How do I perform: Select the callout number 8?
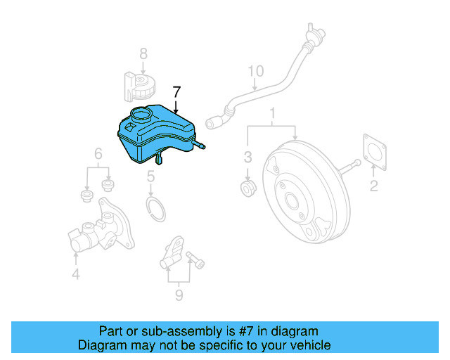pyautogui.click(x=143, y=53)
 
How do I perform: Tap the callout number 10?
pyautogui.click(x=255, y=70)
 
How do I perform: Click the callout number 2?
pyautogui.click(x=373, y=186)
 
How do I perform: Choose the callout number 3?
pyautogui.click(x=247, y=156)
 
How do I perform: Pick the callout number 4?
pyautogui.click(x=76, y=274)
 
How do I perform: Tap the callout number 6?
pyautogui.click(x=98, y=153)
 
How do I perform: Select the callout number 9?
pyautogui.click(x=179, y=295)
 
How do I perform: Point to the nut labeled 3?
pyautogui.click(x=247, y=188)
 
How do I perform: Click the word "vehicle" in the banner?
pyautogui.click(x=310, y=345)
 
